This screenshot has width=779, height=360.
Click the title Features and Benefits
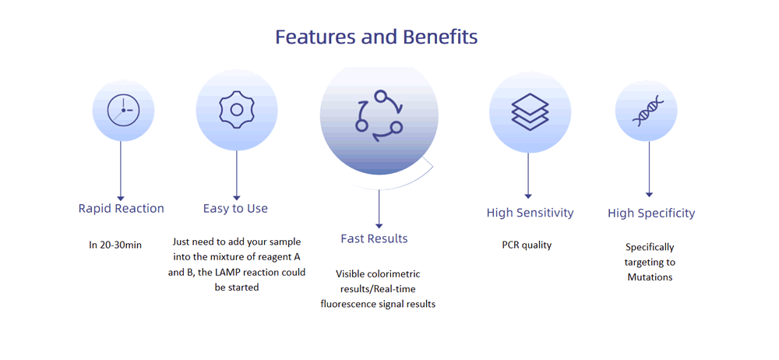[x=376, y=37]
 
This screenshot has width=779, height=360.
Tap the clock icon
[x=123, y=110]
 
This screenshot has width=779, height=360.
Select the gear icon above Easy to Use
[x=237, y=110]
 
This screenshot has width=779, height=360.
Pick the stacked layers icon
[x=530, y=112]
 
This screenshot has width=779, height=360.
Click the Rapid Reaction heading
[x=122, y=208]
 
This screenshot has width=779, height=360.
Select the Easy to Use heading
[x=235, y=208]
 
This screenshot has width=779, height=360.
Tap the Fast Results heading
[x=374, y=238]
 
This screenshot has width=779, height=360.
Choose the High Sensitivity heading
[x=530, y=213]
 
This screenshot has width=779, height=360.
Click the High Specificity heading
[x=651, y=214]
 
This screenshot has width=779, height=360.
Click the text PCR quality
[x=527, y=245]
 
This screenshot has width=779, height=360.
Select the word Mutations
[x=650, y=277]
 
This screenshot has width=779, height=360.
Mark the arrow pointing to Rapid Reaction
[x=120, y=171]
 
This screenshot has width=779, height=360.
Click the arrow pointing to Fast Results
[x=379, y=209]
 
